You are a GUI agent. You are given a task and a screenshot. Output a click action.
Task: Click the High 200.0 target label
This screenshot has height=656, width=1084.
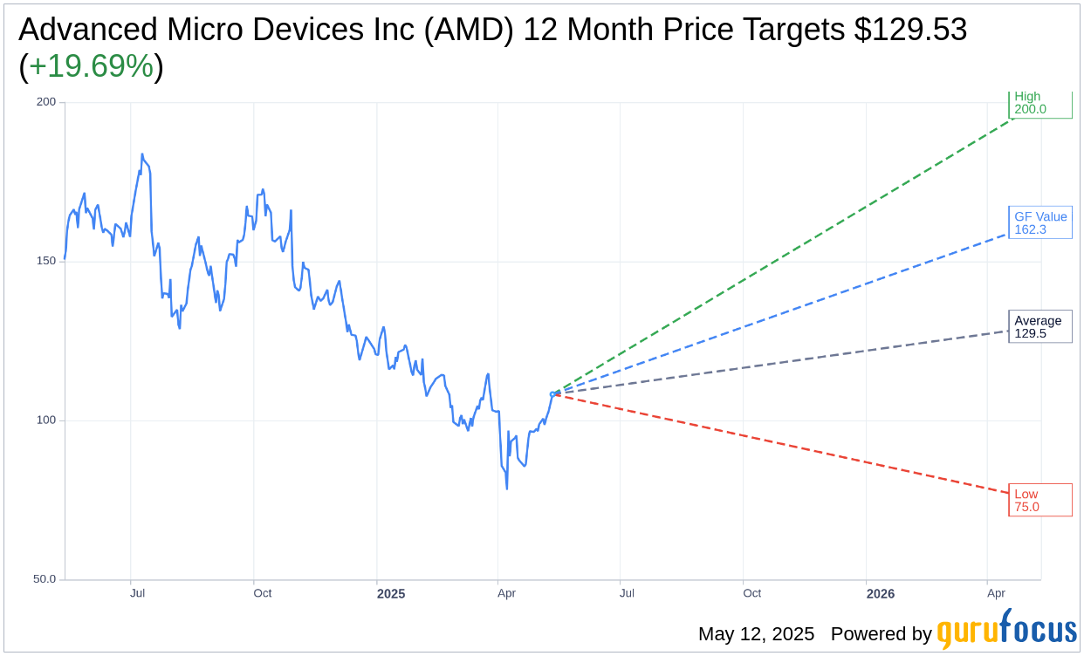[x=1039, y=103]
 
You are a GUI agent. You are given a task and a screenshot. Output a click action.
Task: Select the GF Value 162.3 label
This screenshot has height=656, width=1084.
[x=1039, y=223]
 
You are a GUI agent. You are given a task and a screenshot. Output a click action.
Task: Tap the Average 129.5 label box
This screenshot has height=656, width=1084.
[x=1039, y=327]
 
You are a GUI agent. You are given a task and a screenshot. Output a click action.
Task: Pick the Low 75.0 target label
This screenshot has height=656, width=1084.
[x=1039, y=500]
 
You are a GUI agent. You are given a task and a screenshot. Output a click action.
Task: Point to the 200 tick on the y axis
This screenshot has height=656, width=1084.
[x=45, y=102]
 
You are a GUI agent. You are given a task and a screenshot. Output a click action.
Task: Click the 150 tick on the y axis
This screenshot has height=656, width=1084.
[x=45, y=261]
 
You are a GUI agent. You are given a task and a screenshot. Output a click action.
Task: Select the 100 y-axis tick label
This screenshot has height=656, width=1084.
[x=45, y=420]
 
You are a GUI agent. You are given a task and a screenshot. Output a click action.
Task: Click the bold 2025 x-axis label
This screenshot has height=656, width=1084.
[x=391, y=594]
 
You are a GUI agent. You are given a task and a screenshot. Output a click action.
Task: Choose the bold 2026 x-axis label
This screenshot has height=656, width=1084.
[x=881, y=594]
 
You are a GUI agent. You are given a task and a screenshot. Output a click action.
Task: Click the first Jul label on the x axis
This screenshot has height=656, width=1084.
[x=138, y=593]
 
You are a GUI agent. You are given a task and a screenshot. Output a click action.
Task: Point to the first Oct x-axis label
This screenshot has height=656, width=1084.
[x=262, y=593]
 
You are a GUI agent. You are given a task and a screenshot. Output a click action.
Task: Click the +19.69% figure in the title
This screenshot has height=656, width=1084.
[x=91, y=66]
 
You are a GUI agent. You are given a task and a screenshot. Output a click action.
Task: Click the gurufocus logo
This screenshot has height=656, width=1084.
[x=1006, y=630]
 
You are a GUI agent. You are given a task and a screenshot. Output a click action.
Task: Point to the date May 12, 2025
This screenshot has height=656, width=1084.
[x=756, y=634]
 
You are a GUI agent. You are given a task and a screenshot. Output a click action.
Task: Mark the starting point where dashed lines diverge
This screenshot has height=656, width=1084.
[x=552, y=394]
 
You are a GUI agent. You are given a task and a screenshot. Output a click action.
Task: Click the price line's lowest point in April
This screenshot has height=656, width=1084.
[x=507, y=488]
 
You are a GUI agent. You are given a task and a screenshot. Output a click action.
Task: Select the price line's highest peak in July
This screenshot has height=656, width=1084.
[x=142, y=155]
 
